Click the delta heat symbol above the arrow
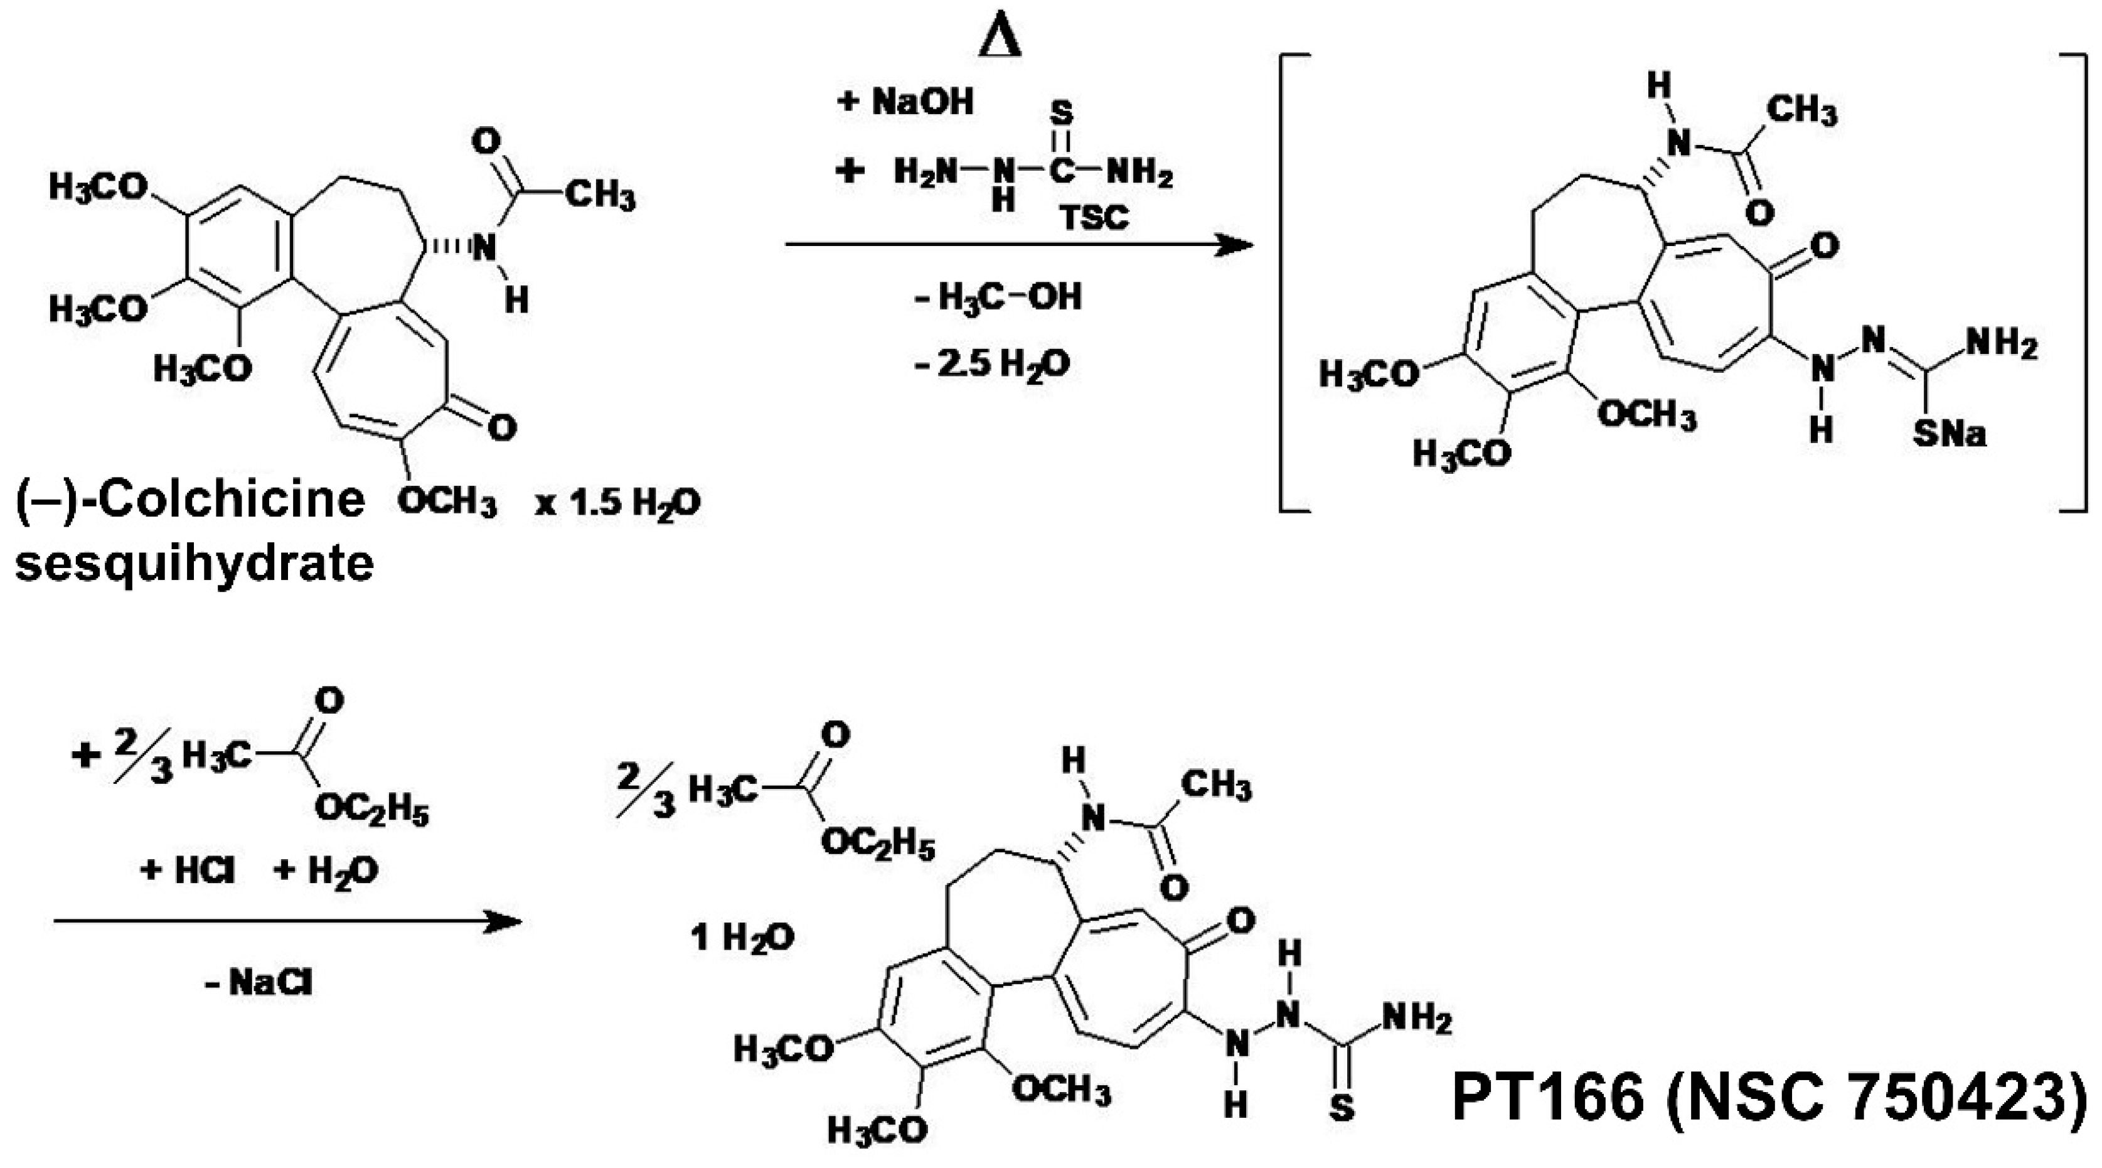pos(1000,38)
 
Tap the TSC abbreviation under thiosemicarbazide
pos(1094,217)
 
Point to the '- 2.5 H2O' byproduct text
pos(991,364)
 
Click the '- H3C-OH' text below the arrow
pos(997,297)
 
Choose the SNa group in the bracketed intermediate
pos(1950,434)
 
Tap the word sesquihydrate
pos(195,563)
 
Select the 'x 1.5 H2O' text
pos(617,503)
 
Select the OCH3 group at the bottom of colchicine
pos(447,501)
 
